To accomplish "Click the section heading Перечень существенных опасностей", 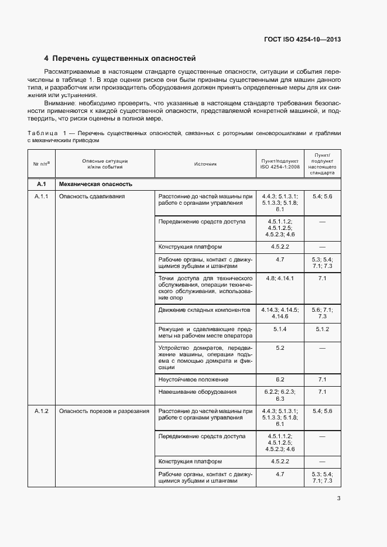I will pos(124,59).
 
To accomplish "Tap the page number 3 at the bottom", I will pos(338,498).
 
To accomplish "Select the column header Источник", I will pos(205,164).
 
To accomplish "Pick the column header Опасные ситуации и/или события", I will pos(105,164).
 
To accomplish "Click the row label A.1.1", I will pos(42,197).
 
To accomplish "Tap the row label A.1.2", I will pos(42,411).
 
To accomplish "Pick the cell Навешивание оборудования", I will pos(197,392).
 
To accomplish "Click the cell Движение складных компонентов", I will pos(204,309).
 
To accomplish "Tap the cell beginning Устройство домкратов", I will pos(205,357).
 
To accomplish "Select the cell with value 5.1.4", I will pos(279,329).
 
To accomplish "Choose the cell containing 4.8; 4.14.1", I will pos(279,278).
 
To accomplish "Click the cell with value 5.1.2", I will pos(322,329).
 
